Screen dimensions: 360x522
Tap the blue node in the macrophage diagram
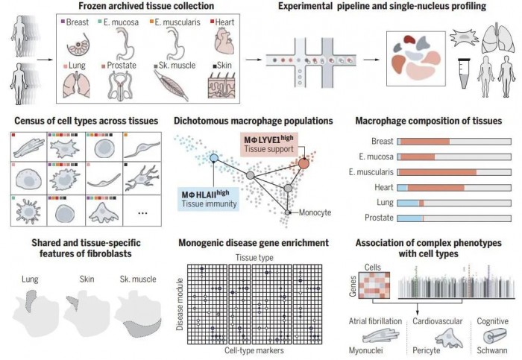[214, 159]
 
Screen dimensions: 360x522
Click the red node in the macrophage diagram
[304, 162]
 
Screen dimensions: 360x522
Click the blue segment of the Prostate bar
[410, 219]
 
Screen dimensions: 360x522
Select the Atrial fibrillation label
[375, 321]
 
